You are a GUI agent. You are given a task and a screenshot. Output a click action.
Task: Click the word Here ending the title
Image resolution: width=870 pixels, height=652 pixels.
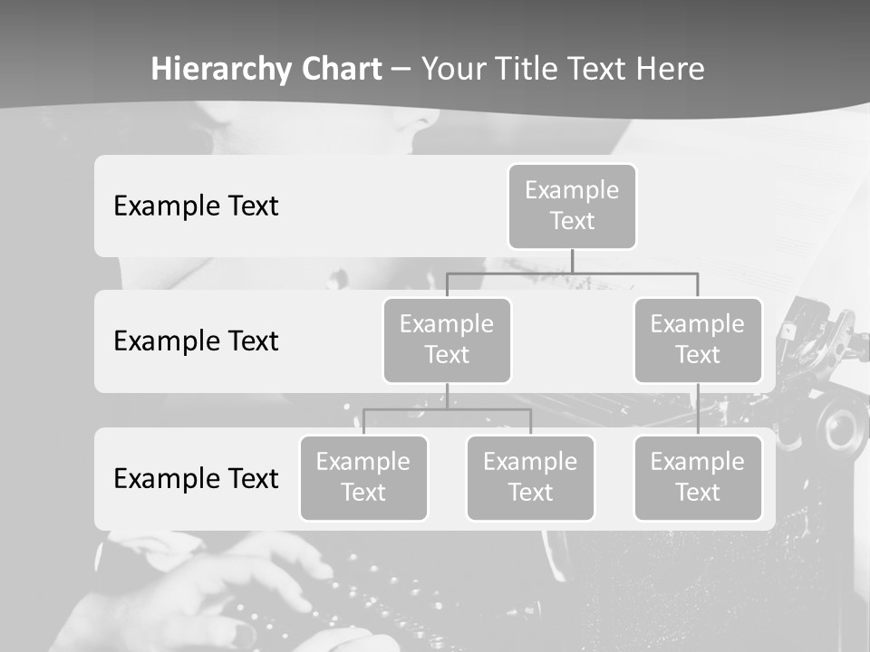671,69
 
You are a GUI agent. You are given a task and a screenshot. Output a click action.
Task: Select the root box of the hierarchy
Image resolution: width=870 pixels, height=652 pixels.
572,206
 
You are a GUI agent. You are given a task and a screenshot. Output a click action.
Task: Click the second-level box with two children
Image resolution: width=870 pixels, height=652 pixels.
447,340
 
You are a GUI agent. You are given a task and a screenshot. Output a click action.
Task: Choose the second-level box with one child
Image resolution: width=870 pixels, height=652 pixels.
698,340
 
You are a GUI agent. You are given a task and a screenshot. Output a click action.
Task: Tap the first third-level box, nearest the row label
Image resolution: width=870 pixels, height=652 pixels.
363,477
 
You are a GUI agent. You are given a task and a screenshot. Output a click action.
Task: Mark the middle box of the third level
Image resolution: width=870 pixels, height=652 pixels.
530,477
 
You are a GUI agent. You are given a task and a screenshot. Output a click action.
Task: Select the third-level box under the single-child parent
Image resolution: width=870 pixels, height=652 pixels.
698,477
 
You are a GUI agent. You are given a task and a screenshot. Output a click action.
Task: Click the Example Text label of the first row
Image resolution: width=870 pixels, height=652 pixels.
196,206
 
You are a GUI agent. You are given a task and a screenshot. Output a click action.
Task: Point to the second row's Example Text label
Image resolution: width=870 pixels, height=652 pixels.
196,340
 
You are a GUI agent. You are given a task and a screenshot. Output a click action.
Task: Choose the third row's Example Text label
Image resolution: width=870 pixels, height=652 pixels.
196,478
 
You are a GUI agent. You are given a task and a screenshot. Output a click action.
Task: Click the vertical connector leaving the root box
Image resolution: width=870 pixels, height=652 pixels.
572,261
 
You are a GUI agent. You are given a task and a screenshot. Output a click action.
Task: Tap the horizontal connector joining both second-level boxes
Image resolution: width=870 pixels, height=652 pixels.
572,273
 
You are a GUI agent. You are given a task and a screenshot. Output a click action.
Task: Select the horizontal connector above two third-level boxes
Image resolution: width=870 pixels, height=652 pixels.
447,409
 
